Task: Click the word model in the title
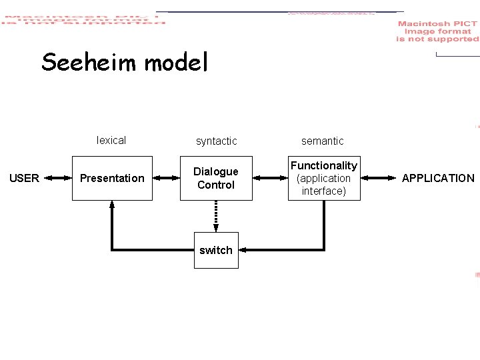(176, 63)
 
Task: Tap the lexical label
(111, 140)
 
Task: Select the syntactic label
(216, 141)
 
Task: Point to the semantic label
(323, 141)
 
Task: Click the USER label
(24, 178)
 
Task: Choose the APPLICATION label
(438, 178)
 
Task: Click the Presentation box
(112, 178)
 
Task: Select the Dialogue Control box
(216, 178)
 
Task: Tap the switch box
(216, 250)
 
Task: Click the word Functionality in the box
(324, 165)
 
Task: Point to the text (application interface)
(324, 185)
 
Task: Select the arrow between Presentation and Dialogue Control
(166, 178)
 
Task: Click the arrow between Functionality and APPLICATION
(377, 178)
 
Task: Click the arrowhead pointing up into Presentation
(112, 205)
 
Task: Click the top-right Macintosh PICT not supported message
(437, 31)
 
